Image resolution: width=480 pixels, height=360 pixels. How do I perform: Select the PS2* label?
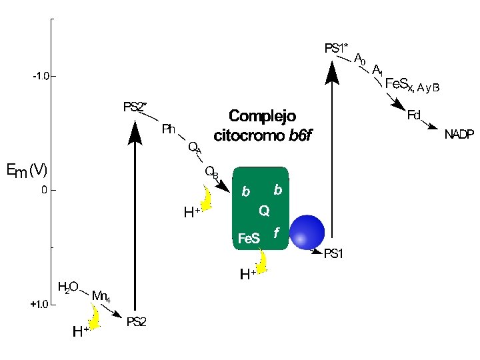pyautogui.click(x=135, y=107)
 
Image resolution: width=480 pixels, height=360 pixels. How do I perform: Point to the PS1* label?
pyautogui.click(x=337, y=49)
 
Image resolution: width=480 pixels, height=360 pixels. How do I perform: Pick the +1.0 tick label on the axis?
pyautogui.click(x=39, y=305)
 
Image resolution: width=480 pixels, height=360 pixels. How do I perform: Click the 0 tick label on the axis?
pyautogui.click(x=45, y=190)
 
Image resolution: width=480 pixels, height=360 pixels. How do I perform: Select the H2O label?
pyautogui.click(x=68, y=287)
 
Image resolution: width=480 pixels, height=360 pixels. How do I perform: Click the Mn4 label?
pyautogui.click(x=101, y=296)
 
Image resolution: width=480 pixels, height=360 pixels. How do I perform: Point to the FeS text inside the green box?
pyautogui.click(x=249, y=238)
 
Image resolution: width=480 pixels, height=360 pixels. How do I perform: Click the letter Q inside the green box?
pyautogui.click(x=264, y=211)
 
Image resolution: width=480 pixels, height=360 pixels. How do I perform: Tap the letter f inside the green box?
pyautogui.click(x=276, y=233)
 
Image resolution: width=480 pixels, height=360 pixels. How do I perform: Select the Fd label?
pyautogui.click(x=414, y=115)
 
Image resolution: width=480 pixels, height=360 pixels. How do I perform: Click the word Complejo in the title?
pyautogui.click(x=263, y=115)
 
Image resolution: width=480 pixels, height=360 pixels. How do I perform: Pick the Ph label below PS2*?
pyautogui.click(x=169, y=129)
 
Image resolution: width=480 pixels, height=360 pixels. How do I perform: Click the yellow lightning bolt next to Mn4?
pyautogui.click(x=94, y=317)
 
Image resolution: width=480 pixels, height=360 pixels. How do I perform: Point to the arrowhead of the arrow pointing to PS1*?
pyautogui.click(x=332, y=71)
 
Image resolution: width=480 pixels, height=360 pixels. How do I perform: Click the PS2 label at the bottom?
pyautogui.click(x=137, y=321)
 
